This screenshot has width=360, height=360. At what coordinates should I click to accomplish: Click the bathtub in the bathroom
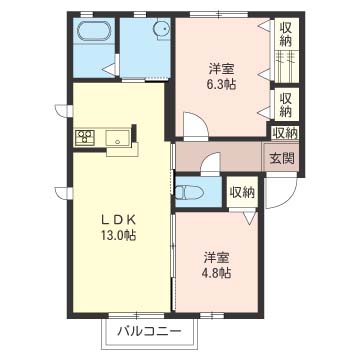94,32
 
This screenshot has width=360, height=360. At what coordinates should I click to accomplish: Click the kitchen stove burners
85,137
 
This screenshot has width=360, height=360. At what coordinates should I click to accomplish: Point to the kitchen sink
118,138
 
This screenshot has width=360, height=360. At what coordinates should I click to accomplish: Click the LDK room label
118,219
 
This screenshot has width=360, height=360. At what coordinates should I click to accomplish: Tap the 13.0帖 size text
118,236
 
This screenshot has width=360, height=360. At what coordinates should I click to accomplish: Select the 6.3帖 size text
221,85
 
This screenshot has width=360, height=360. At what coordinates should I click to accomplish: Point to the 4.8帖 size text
217,273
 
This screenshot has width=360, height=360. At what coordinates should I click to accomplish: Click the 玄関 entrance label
282,159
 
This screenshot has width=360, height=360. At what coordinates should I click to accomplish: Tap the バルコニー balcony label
150,332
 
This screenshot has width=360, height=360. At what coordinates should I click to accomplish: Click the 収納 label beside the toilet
242,192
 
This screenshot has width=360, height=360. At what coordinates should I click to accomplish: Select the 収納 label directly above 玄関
285,133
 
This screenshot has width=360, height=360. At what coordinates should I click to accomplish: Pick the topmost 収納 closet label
286,34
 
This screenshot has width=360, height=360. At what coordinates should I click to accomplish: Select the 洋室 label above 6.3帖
221,69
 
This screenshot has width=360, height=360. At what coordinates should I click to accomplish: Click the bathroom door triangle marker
110,69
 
